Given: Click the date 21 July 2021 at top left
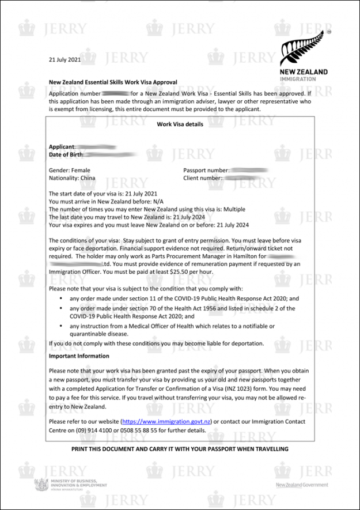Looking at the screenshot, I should click(65, 59).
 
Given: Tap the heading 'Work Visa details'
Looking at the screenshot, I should click(180, 124).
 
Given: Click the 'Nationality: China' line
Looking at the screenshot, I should click(73, 179).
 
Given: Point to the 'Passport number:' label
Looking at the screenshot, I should click(206, 171).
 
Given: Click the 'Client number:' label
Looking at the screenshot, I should click(203, 179).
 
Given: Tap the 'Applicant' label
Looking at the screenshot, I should click(62, 147).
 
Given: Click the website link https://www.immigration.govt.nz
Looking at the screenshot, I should click(166, 422).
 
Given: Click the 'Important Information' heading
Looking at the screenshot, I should click(79, 356).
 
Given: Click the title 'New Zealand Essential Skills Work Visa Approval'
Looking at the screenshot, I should click(113, 82).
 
